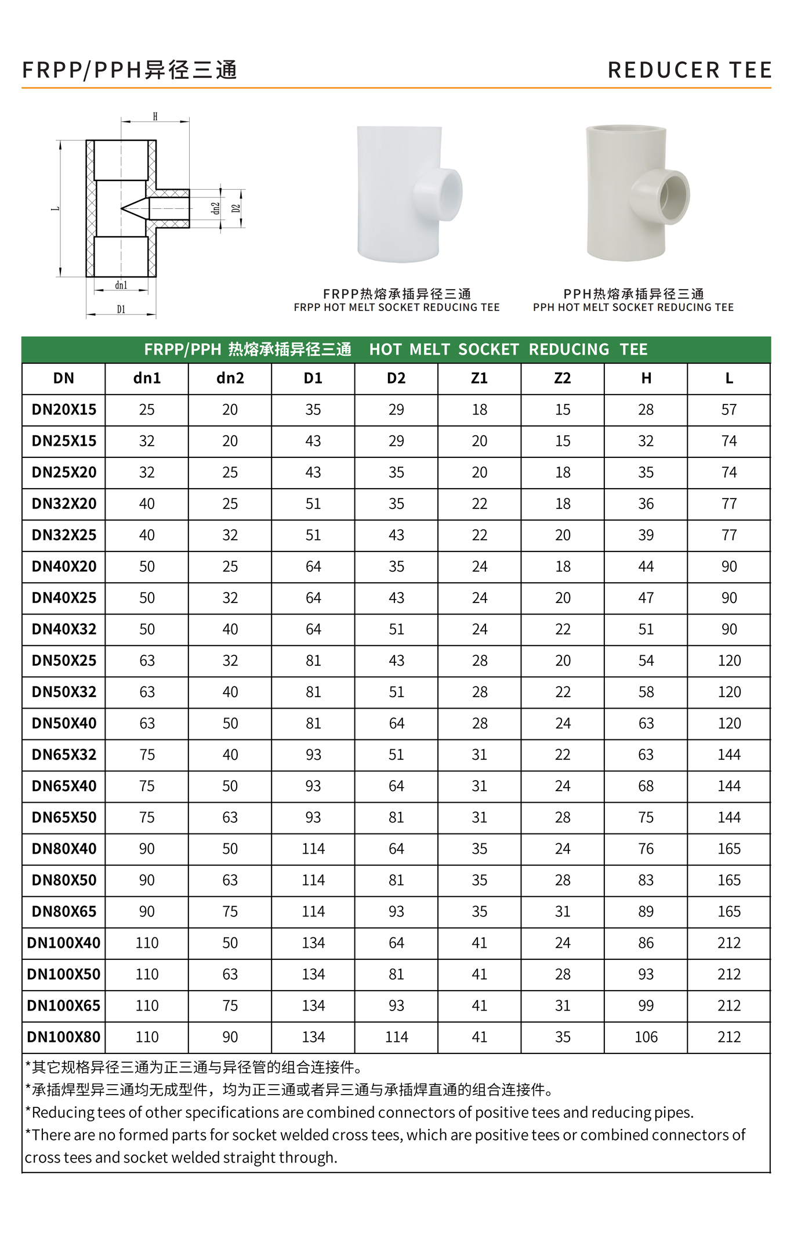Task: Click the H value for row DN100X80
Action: (x=646, y=1037)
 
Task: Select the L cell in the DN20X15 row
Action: (x=729, y=410)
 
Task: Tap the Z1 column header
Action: (x=479, y=378)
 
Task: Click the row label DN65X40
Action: (x=64, y=786)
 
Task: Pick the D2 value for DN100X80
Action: (x=396, y=1037)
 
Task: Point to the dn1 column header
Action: (x=147, y=378)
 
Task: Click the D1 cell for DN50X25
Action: (x=313, y=660)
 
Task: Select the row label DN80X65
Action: (x=64, y=911)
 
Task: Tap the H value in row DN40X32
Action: (x=646, y=629)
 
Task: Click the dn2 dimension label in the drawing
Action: (x=215, y=208)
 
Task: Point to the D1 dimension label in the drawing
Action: (x=121, y=309)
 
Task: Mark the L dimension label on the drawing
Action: (x=56, y=208)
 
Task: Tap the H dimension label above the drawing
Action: (x=155, y=117)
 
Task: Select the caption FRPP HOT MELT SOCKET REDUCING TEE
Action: (x=396, y=308)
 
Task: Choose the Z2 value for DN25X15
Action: (x=563, y=441)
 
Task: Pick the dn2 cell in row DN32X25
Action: (x=230, y=535)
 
